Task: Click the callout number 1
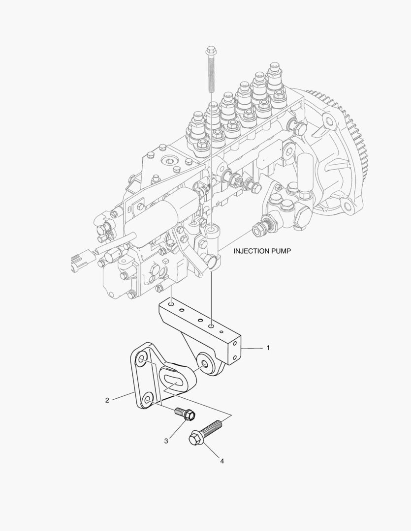click(268, 348)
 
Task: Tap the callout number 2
click(107, 400)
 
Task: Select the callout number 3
click(166, 441)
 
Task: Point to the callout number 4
click(222, 461)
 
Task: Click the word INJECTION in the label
click(251, 251)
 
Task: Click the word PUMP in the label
click(281, 251)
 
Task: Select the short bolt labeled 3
click(186, 414)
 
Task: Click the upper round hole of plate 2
click(142, 361)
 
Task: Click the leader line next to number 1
click(253, 348)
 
